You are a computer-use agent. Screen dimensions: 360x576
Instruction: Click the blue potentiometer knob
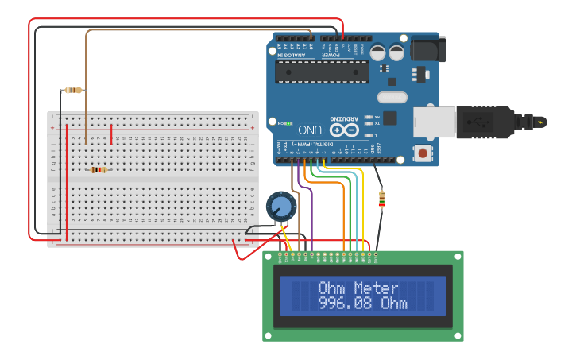point(280,207)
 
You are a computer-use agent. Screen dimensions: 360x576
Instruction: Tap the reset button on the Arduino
point(423,153)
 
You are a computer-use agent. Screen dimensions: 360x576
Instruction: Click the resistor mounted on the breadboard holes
point(99,169)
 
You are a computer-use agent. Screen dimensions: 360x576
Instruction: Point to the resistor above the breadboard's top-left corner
point(74,90)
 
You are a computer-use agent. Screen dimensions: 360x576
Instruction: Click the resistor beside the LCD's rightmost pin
point(383,199)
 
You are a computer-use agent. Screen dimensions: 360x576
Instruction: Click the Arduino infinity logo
point(343,129)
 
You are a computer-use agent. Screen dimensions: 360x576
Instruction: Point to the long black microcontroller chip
point(322,72)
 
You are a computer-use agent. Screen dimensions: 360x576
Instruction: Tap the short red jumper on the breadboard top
point(111,131)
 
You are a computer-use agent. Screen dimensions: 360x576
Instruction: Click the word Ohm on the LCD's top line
point(334,288)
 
